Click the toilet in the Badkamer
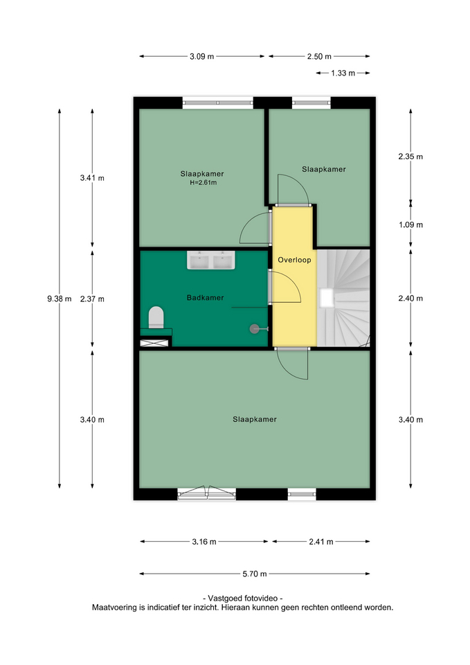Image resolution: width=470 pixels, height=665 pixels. pos(156,317)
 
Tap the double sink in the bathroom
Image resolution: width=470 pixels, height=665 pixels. pos(211,260)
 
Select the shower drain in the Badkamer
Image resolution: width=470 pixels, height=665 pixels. pos(254,328)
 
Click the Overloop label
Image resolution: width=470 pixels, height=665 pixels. pos(295,260)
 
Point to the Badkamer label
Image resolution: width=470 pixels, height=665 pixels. pos(205,298)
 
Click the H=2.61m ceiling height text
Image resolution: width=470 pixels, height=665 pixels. pos(203,183)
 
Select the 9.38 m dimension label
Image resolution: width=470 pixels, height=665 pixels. pos(60,299)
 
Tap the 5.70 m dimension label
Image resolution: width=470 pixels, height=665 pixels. pos(255,574)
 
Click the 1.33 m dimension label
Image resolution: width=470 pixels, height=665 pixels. pos(343,73)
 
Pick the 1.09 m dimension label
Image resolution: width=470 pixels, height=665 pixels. pos(410,224)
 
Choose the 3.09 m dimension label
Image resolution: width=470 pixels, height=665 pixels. pos(201,56)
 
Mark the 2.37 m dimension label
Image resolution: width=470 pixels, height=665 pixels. pos(92,299)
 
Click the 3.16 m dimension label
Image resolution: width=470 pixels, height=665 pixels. pos(204,542)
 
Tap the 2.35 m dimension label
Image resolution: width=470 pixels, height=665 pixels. pos(410,157)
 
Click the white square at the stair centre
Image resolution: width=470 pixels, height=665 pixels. pos(327,298)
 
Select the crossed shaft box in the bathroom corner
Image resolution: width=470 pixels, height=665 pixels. pos(154,343)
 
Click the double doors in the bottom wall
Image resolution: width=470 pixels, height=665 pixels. pos(206,493)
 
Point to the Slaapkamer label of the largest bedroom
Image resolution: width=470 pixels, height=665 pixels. pos(255,420)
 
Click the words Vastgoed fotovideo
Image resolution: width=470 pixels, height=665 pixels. pos(243,598)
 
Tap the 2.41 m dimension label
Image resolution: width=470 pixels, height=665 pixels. pos(320,542)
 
